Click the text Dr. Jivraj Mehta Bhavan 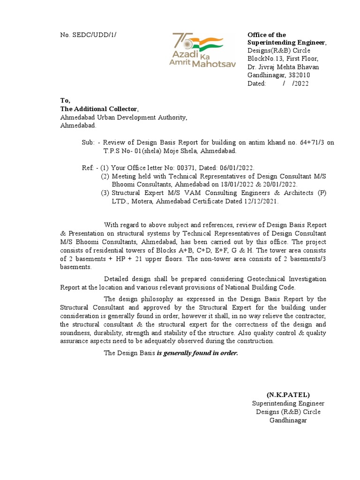coord(283,67)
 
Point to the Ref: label coord(88,168)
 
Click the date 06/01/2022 coord(237,168)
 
